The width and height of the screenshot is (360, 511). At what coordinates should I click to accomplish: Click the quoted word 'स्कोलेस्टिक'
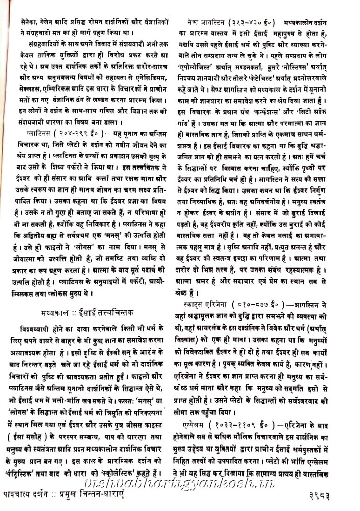click(x=119, y=473)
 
